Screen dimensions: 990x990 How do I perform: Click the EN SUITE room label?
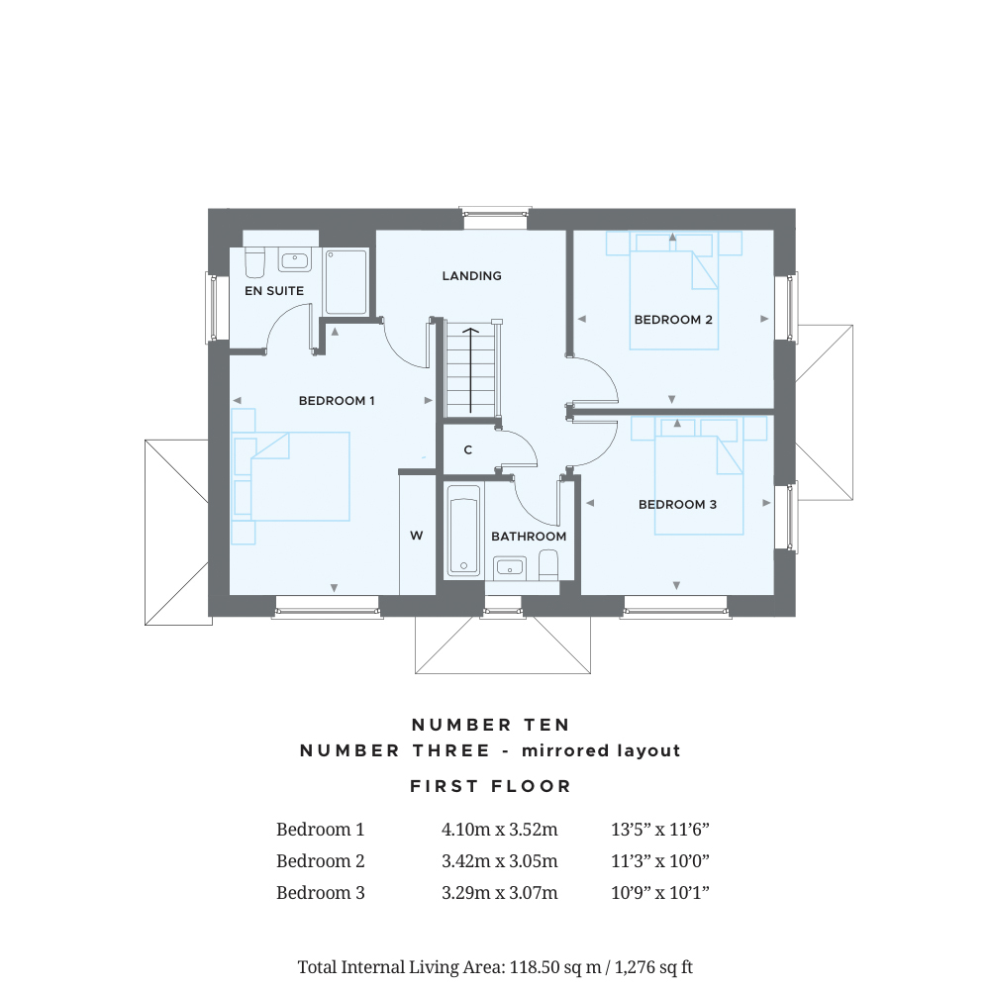[x=274, y=291]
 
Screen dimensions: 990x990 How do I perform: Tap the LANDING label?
[x=471, y=276]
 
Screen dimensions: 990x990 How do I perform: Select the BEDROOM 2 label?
[x=673, y=320]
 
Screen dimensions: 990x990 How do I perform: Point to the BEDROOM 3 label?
[x=677, y=505]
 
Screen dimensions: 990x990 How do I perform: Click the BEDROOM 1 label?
[x=337, y=401]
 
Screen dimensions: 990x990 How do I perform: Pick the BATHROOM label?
[x=529, y=537]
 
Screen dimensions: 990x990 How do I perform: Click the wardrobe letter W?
[x=417, y=536]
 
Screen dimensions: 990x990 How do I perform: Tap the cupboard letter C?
[x=468, y=450]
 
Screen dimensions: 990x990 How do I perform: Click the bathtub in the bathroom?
[x=463, y=530]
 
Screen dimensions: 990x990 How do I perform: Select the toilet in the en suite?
[x=254, y=262]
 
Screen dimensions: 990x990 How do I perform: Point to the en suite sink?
[x=295, y=261]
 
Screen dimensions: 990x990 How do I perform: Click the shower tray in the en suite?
[x=346, y=282]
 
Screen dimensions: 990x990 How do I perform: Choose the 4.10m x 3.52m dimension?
[x=500, y=830]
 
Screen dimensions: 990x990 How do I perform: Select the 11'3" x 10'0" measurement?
[x=660, y=861]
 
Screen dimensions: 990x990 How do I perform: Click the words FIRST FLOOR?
[x=491, y=787]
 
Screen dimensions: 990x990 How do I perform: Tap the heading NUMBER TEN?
[x=491, y=726]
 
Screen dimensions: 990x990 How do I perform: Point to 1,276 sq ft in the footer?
[x=660, y=966]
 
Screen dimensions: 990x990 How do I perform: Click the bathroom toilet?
[x=548, y=563]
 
